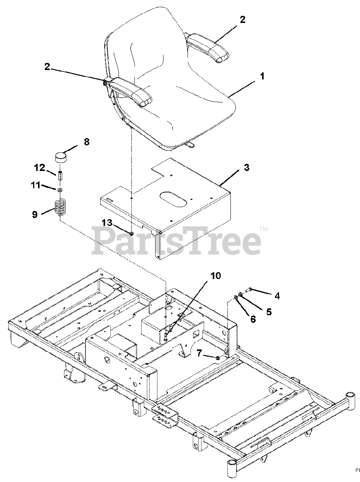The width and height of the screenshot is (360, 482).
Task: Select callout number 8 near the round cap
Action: [x=87, y=143]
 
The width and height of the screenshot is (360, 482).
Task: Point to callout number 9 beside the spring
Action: [x=35, y=215]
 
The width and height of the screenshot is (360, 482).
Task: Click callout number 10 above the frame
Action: [x=215, y=276]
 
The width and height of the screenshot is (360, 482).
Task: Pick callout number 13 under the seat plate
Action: [x=107, y=223]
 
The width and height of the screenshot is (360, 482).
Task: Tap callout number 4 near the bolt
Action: [x=277, y=296]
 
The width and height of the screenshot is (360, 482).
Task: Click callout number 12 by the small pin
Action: [x=40, y=167]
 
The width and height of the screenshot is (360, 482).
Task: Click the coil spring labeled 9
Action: [x=60, y=207]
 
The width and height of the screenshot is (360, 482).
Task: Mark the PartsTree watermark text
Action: [x=177, y=240]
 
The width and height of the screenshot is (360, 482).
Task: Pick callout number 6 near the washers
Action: [x=253, y=319]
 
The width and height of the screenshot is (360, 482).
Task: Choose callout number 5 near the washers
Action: [x=269, y=312]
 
